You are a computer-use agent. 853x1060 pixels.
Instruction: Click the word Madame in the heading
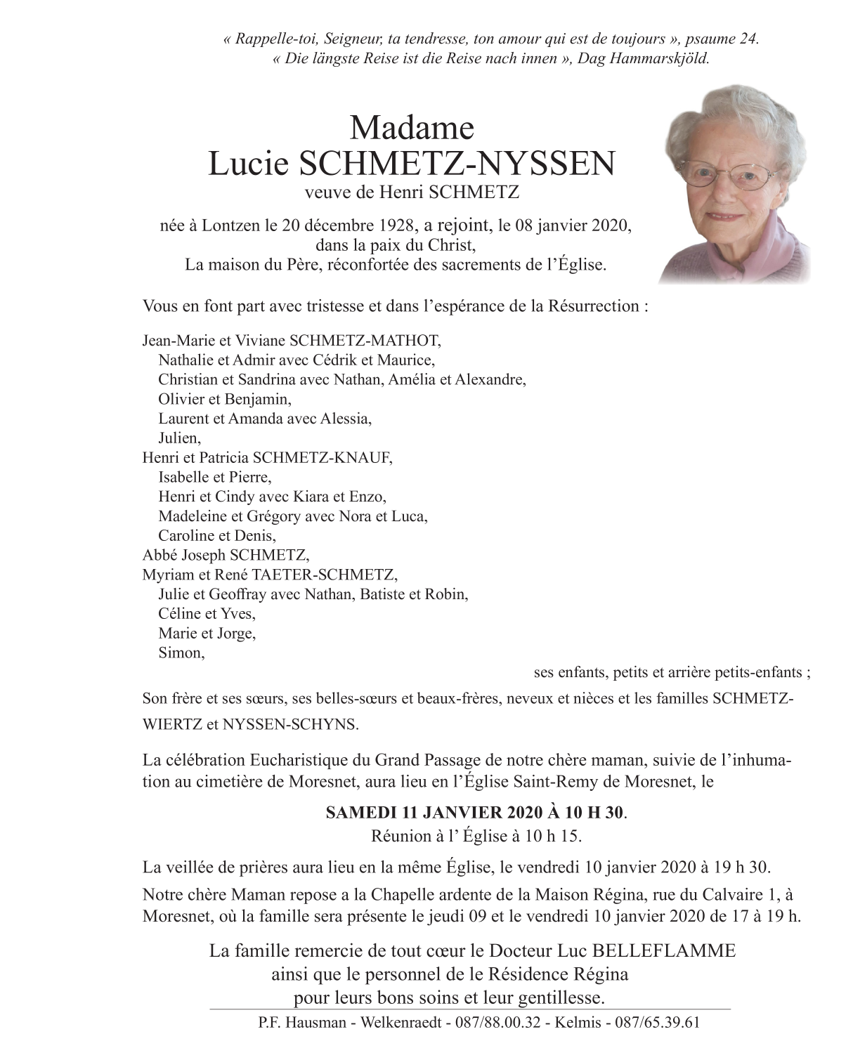412,128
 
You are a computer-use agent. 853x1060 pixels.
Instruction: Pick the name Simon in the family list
180,653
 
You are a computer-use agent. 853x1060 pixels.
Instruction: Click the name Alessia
344,419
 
